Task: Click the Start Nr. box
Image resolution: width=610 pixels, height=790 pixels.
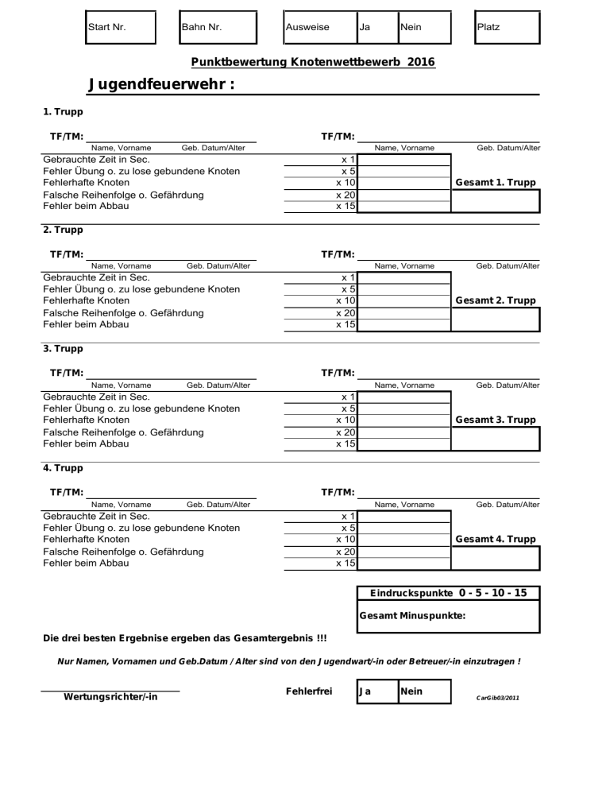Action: (x=120, y=27)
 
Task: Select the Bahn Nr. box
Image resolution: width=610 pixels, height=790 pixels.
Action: (x=218, y=27)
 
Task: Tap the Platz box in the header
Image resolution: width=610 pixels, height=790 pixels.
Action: (x=506, y=27)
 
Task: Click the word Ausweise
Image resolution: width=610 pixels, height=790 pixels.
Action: (x=307, y=27)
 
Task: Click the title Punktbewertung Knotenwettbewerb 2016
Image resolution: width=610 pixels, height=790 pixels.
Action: (x=313, y=62)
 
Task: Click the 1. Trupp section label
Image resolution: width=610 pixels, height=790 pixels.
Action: (x=63, y=112)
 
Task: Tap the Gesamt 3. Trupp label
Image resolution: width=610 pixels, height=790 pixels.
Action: (x=496, y=420)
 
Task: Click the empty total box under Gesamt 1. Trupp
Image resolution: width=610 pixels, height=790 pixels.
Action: (x=496, y=201)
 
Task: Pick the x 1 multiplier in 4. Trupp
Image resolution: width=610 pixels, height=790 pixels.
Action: (x=348, y=516)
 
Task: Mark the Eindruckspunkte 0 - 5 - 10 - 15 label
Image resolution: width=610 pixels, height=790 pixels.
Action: (x=448, y=594)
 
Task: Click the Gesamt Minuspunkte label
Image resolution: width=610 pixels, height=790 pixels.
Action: (x=412, y=616)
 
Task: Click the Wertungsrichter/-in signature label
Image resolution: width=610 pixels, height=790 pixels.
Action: (x=110, y=699)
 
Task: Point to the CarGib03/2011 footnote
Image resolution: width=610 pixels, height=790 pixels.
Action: (x=497, y=698)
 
